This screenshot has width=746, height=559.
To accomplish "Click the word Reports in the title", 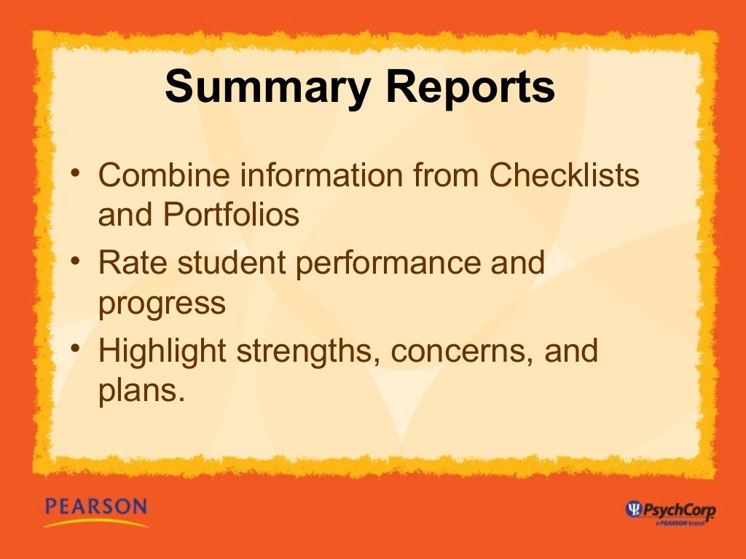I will point(471,88).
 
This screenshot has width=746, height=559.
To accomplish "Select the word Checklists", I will point(565,175).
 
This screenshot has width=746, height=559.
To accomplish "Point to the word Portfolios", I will point(231,215).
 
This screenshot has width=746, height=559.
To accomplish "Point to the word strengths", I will point(309,352).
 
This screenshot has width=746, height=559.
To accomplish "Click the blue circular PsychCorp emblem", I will point(634,510).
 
